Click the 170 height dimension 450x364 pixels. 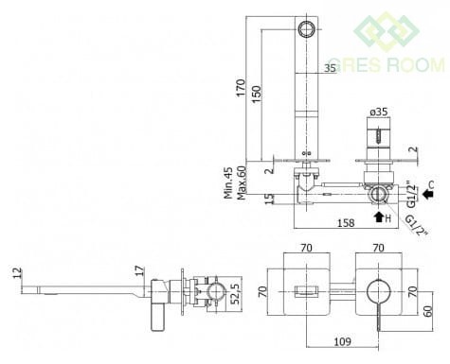click(x=241, y=88)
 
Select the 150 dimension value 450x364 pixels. click(x=257, y=94)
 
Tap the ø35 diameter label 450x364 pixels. click(x=379, y=112)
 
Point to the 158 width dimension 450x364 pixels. click(x=346, y=223)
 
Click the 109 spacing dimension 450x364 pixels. click(x=343, y=341)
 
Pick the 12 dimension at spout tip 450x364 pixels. click(x=17, y=273)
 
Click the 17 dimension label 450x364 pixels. click(x=139, y=271)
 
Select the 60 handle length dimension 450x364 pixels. click(x=427, y=312)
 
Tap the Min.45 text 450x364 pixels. click(x=228, y=182)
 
